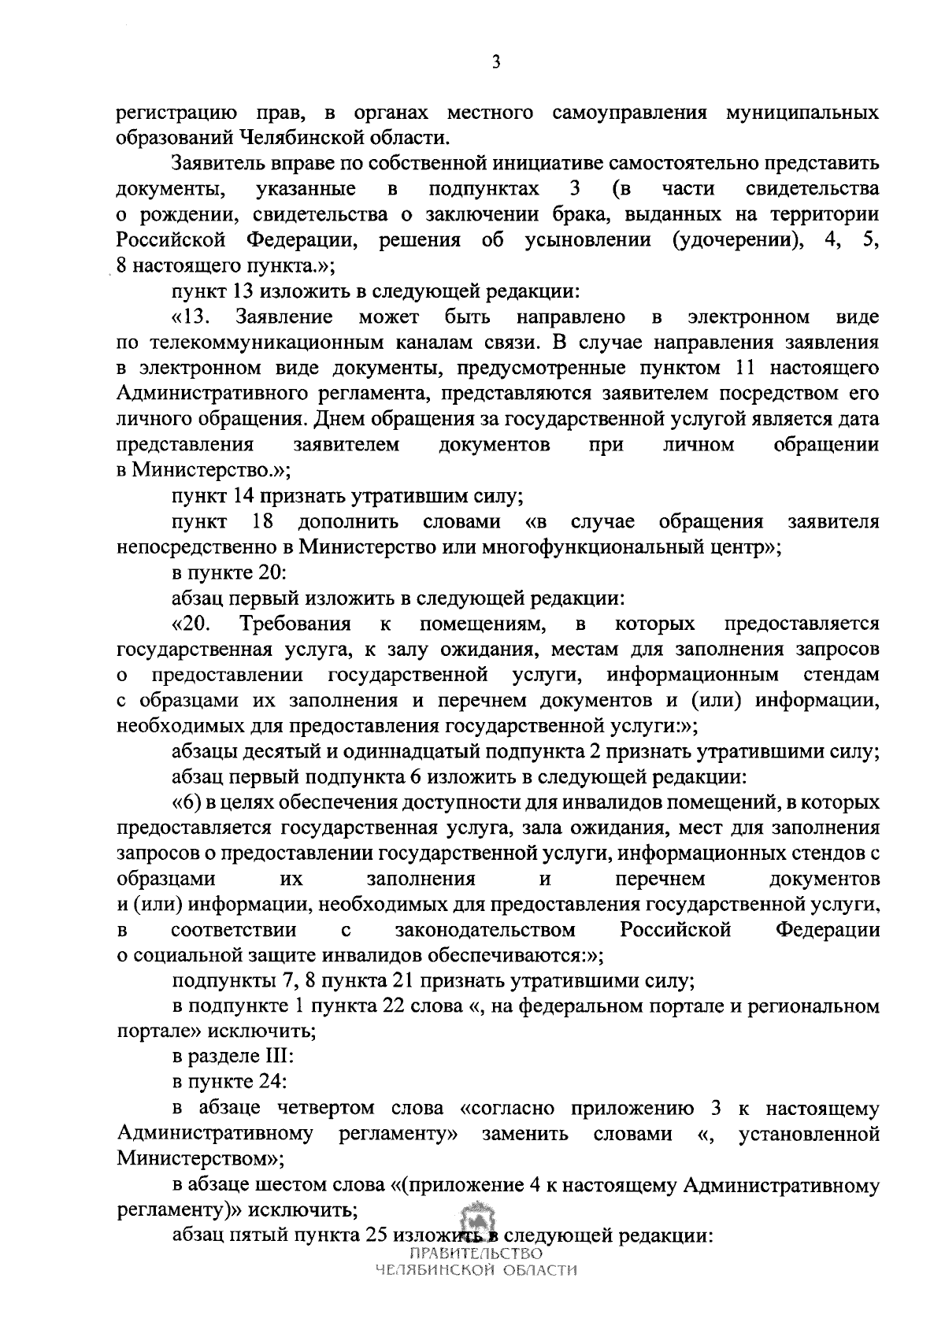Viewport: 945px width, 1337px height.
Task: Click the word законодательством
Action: [485, 930]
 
